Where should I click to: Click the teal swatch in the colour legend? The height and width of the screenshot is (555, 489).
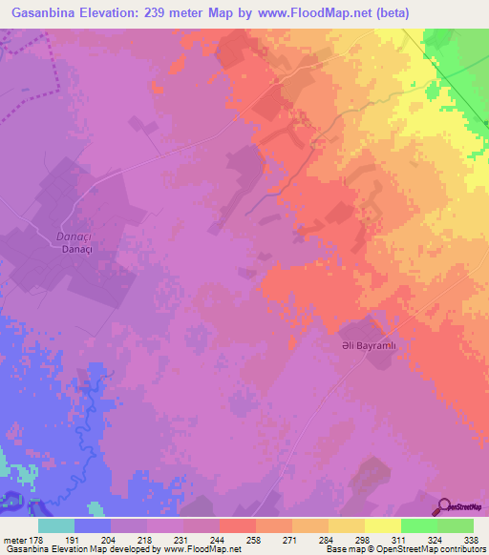point(55,525)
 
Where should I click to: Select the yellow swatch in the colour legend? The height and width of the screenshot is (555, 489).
point(382,525)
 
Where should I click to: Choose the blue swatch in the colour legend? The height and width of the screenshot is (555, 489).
point(92,525)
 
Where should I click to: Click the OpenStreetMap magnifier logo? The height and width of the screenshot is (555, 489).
point(443,506)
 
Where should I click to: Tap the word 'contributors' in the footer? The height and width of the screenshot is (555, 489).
point(460,549)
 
